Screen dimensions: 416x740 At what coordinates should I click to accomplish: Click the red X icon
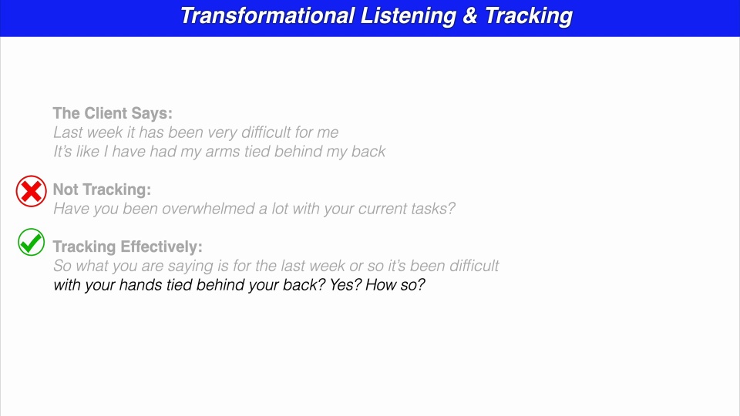(x=32, y=191)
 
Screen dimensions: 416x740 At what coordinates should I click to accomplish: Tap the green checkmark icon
(x=32, y=243)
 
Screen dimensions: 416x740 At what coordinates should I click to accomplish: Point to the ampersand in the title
(x=470, y=16)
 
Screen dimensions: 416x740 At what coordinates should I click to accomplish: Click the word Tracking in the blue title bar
(x=528, y=16)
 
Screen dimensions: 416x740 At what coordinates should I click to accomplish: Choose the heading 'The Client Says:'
(x=113, y=113)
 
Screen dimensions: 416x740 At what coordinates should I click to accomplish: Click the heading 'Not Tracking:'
(x=102, y=190)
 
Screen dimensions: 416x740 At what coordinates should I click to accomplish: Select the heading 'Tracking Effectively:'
(x=128, y=247)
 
